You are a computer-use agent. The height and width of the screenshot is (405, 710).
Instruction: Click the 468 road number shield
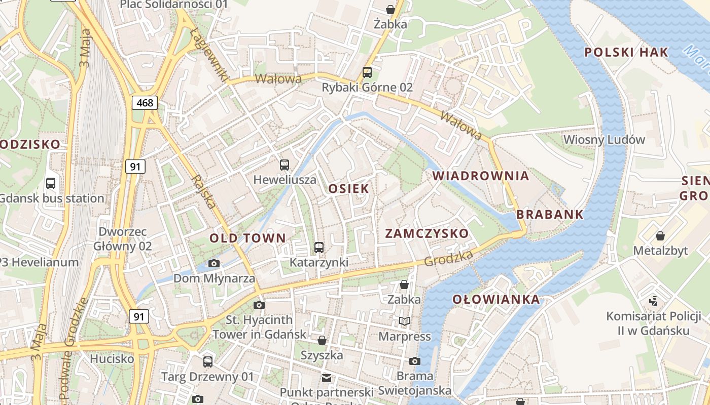click(x=145, y=103)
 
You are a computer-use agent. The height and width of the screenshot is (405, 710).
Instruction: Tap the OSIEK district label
click(x=348, y=188)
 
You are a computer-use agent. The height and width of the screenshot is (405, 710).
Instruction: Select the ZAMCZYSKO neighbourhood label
click(x=427, y=233)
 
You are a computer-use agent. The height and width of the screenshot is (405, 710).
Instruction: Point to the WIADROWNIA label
click(x=481, y=176)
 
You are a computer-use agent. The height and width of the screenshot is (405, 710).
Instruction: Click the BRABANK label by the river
click(x=550, y=215)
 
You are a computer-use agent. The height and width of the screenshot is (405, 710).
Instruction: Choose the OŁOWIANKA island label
click(x=496, y=299)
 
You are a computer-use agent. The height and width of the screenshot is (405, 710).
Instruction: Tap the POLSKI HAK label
click(x=626, y=52)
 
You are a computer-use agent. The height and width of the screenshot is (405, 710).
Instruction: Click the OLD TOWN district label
click(x=247, y=238)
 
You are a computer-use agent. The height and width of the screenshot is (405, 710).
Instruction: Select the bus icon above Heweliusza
click(x=285, y=165)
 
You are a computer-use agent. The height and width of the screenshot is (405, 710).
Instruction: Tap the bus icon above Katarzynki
click(x=319, y=248)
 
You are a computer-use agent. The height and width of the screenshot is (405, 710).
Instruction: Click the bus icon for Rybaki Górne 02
click(x=367, y=72)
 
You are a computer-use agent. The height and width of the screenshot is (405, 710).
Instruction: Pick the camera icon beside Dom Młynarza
click(x=214, y=263)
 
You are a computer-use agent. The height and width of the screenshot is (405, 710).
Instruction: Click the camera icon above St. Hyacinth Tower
click(x=259, y=305)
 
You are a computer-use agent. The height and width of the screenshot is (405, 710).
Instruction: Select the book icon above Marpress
click(x=404, y=321)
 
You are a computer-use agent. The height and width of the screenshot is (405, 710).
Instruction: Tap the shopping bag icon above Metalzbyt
click(x=660, y=235)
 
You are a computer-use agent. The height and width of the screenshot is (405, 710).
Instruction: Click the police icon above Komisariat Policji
click(x=654, y=301)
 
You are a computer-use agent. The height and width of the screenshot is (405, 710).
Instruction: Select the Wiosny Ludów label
click(x=604, y=139)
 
